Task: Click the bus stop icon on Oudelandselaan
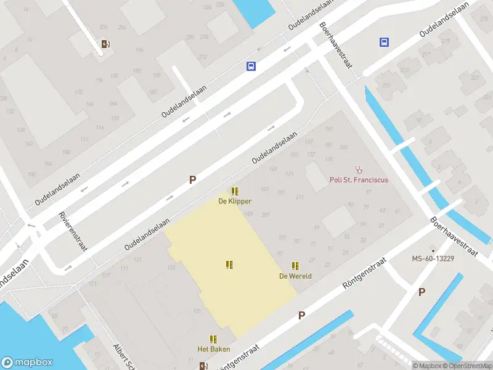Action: (251, 67)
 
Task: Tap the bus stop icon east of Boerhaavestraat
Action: (384, 43)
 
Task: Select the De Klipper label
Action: (235, 201)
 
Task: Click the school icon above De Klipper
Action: (235, 191)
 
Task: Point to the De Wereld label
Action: (295, 276)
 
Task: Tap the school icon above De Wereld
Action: (295, 266)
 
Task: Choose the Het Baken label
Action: (213, 349)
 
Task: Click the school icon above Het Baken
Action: (213, 339)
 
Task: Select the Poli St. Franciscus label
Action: (359, 180)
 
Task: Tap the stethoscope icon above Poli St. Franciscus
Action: (359, 169)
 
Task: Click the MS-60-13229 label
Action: (433, 258)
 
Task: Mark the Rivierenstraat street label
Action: (73, 231)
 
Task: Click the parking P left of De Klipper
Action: (192, 180)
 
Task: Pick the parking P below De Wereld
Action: (302, 315)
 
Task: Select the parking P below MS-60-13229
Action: (422, 292)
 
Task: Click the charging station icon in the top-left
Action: (105, 44)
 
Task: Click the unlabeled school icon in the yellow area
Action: (229, 265)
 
